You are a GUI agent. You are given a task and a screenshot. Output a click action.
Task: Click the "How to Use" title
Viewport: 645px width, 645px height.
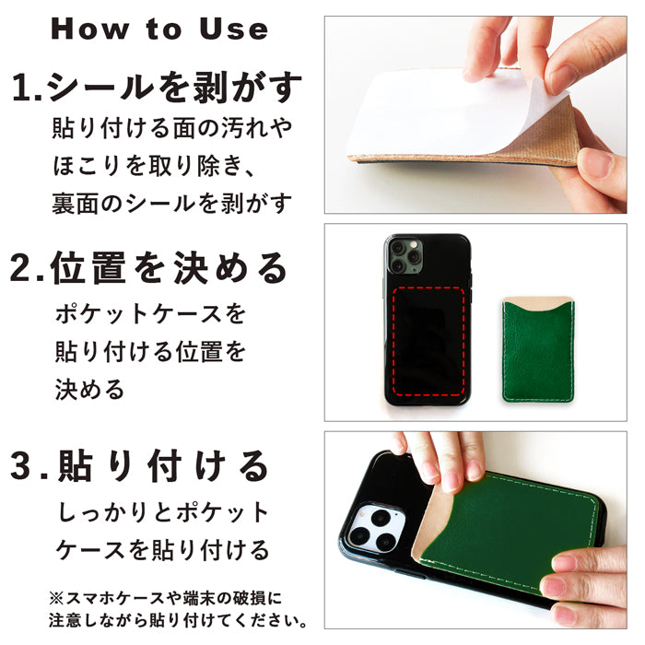[x=159, y=29]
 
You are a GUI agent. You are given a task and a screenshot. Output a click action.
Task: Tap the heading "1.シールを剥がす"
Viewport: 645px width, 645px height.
[x=157, y=87]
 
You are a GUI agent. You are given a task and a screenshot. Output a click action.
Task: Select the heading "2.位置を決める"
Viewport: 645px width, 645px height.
[x=148, y=268]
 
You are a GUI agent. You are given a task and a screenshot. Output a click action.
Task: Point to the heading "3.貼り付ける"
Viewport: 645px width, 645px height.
[x=139, y=466]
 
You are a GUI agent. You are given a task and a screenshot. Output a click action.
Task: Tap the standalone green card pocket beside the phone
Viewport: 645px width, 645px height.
[x=538, y=349]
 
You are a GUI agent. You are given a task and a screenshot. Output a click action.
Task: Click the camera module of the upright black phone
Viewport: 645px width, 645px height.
[x=405, y=256]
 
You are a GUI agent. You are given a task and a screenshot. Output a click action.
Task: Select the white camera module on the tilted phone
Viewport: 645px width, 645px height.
[x=376, y=528]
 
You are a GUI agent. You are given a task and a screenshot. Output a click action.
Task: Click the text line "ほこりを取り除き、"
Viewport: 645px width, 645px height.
[x=154, y=166]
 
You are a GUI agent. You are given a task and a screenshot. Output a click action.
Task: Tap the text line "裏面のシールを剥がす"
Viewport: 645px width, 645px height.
[x=172, y=204]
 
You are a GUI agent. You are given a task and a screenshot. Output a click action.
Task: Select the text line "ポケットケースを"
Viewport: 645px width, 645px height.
[x=150, y=314]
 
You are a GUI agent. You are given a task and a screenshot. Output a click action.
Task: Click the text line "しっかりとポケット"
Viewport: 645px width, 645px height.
[x=163, y=512]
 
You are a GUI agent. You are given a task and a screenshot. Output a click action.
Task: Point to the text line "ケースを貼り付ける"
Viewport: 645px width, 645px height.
[x=163, y=550]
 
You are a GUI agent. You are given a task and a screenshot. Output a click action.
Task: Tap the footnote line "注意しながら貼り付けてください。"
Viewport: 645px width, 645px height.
[x=178, y=620]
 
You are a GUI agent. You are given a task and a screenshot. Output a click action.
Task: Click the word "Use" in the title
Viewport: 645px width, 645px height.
[x=234, y=29]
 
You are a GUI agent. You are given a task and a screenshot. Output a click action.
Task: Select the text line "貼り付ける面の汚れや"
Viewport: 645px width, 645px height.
[x=172, y=128]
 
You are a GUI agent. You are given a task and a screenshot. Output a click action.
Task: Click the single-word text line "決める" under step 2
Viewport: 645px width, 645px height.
[x=89, y=390]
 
